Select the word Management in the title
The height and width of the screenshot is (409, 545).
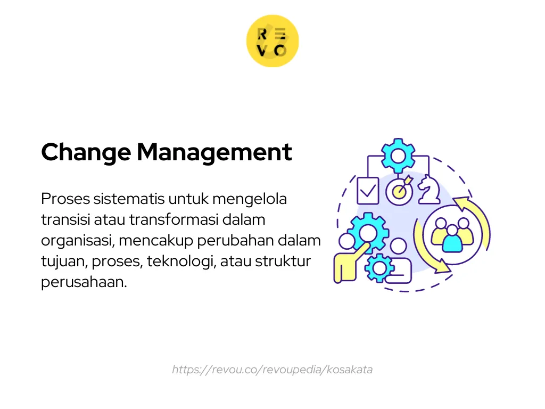[x=214, y=153]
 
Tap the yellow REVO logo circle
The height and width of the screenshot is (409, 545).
[x=272, y=41]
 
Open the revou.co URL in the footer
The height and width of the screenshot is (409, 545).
[x=272, y=370]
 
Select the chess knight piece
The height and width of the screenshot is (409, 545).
[x=428, y=190]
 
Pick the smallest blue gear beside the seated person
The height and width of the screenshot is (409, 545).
[x=380, y=268]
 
